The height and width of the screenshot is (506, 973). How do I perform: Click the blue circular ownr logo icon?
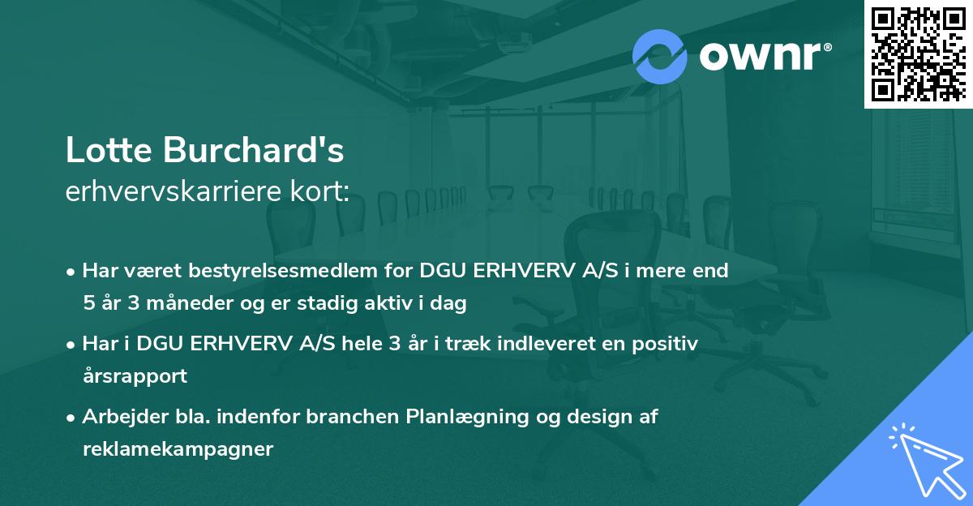coord(660,57)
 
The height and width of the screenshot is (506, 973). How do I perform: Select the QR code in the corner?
coord(918,54)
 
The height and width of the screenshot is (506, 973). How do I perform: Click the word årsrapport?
coord(135,376)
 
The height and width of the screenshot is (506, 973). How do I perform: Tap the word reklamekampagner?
coord(178,449)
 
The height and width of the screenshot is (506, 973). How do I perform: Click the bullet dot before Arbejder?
coord(72,418)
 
